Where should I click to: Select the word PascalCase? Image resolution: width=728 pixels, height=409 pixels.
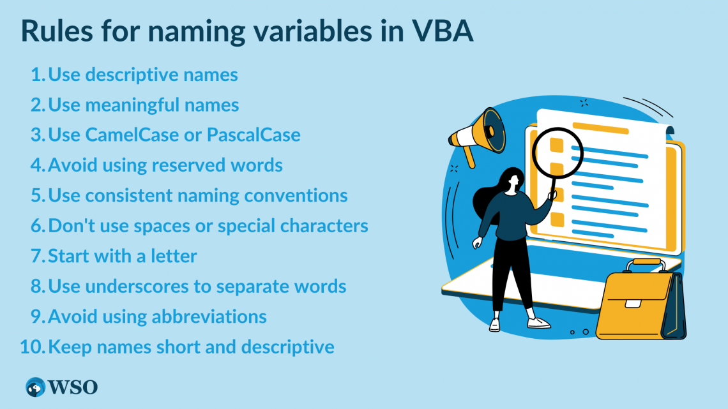pyautogui.click(x=254, y=135)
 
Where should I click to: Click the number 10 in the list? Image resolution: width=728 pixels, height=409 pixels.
pyautogui.click(x=31, y=346)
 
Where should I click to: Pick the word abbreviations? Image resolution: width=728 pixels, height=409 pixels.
pyautogui.click(x=209, y=316)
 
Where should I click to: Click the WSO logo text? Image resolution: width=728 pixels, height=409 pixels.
pyautogui.click(x=73, y=387)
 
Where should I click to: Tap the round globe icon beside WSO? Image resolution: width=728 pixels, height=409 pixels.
pyautogui.click(x=35, y=387)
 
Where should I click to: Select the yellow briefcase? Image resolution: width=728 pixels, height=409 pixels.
pyautogui.click(x=641, y=301)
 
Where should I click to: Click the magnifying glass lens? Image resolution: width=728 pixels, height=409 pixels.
pyautogui.click(x=557, y=152)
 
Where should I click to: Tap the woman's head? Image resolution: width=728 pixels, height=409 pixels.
pyautogui.click(x=512, y=180)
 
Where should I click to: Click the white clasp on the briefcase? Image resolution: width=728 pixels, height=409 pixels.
pyautogui.click(x=633, y=304)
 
